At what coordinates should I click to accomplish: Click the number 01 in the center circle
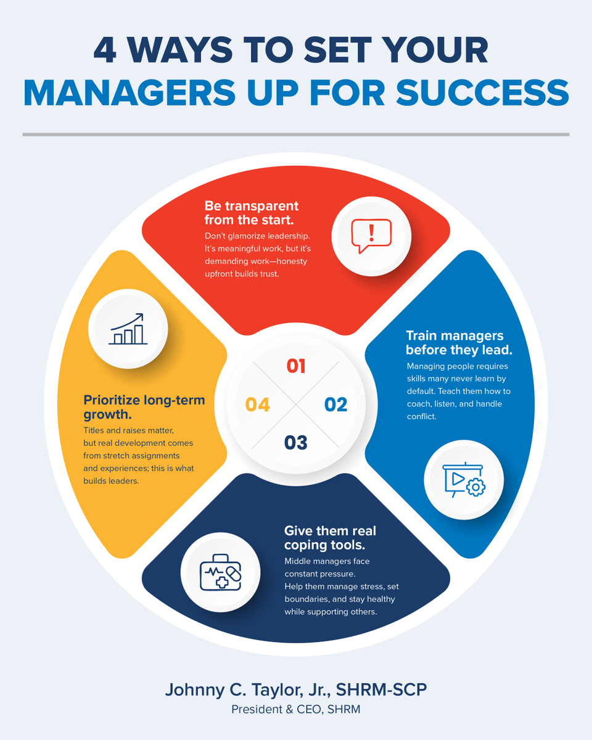(296, 366)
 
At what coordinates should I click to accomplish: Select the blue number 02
(335, 405)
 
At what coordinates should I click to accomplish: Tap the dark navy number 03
(296, 443)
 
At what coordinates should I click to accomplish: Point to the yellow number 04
(257, 405)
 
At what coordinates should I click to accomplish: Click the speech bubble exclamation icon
(371, 236)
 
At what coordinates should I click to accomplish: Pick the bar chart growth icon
(128, 329)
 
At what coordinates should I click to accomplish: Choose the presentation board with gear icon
(464, 480)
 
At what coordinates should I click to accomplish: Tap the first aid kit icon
(221, 572)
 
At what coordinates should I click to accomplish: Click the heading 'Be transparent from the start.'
(252, 213)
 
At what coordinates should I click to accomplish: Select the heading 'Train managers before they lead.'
(459, 342)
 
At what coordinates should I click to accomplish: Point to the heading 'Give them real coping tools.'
(330, 538)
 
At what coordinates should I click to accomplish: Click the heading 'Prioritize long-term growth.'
(144, 407)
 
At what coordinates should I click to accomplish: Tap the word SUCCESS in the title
(482, 93)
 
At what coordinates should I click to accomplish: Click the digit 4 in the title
(105, 50)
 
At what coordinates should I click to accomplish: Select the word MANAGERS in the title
(129, 93)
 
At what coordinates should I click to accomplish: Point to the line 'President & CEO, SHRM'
(296, 709)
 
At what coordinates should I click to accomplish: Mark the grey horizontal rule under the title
(296, 134)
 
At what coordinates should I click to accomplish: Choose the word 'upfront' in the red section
(218, 274)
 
